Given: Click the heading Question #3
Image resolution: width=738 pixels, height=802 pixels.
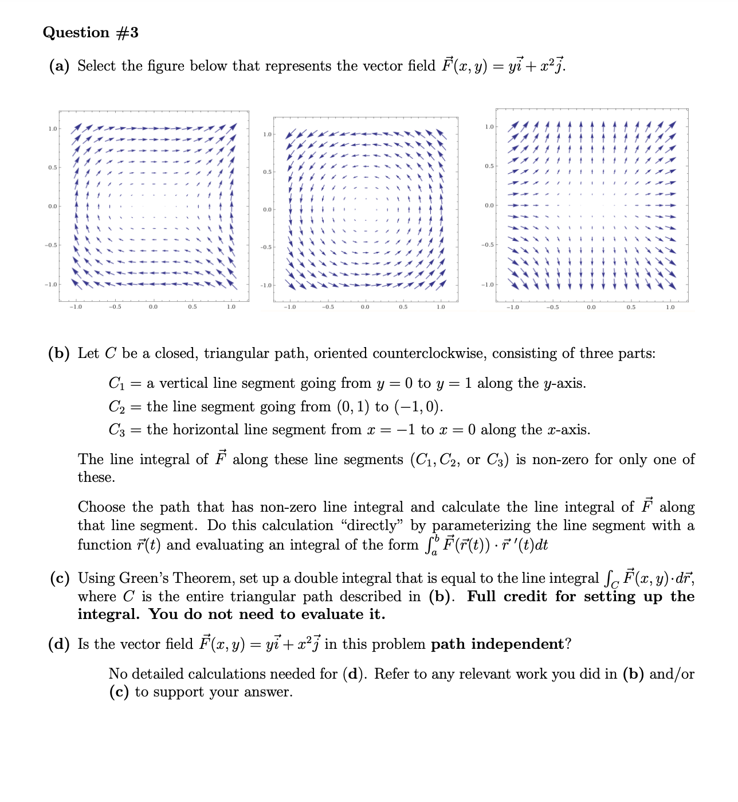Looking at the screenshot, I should click(x=91, y=33).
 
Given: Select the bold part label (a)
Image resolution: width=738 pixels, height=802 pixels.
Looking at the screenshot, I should click(x=59, y=67).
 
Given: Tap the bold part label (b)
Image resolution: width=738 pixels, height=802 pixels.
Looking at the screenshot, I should click(x=59, y=353).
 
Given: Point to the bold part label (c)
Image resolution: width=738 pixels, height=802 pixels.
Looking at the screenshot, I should click(x=59, y=578).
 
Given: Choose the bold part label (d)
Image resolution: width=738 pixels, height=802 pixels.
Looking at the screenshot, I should click(x=59, y=644).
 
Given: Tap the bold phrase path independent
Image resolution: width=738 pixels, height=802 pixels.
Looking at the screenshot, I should click(x=497, y=644).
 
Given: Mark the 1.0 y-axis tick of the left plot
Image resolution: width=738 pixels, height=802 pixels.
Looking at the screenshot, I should click(x=52, y=129).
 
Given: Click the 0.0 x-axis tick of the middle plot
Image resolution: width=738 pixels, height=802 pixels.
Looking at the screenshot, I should click(x=365, y=307).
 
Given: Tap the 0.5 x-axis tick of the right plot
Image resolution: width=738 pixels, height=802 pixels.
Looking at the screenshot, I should click(x=630, y=307).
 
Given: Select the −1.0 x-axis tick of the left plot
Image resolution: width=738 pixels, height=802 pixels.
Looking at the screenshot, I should click(x=76, y=307).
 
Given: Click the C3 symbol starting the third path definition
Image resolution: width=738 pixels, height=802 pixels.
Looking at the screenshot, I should click(x=116, y=430).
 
